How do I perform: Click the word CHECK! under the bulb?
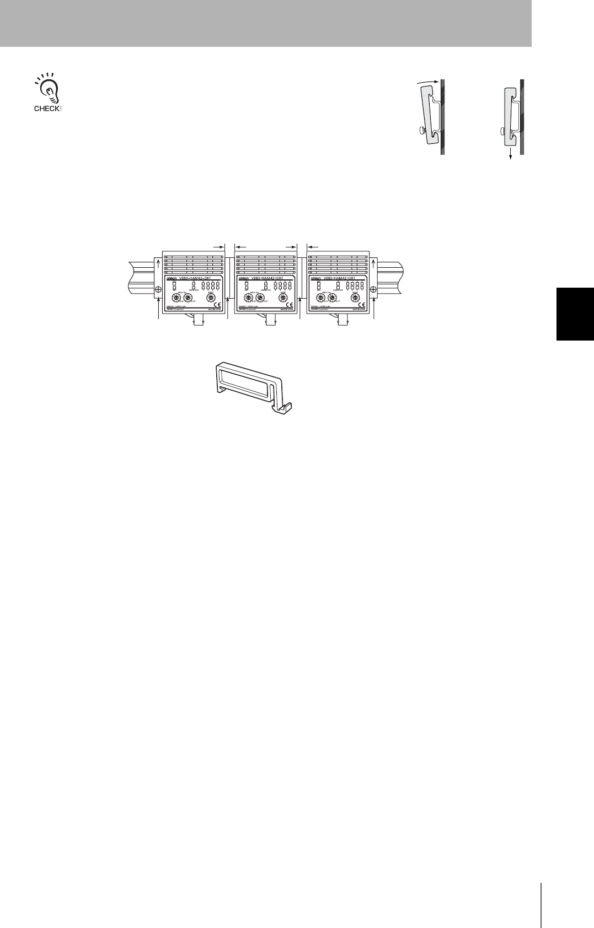pyautogui.click(x=48, y=109)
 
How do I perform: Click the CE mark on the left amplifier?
pyautogui.click(x=216, y=304)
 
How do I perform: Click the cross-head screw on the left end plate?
pyautogui.click(x=158, y=289)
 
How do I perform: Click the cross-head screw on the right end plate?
pyautogui.click(x=373, y=289)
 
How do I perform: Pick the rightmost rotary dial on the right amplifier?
pyautogui.click(x=355, y=298)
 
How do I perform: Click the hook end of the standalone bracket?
pyautogui.click(x=287, y=408)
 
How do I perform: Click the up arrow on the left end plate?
pyautogui.click(x=158, y=265)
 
